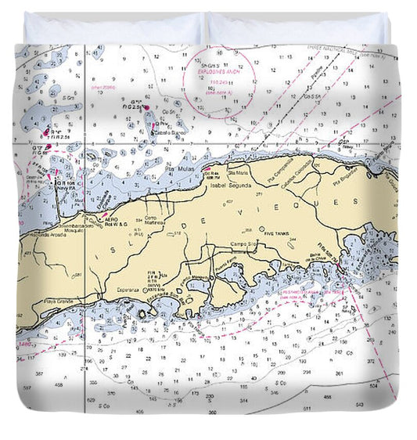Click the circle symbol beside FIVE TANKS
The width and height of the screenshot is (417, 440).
(262, 229)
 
